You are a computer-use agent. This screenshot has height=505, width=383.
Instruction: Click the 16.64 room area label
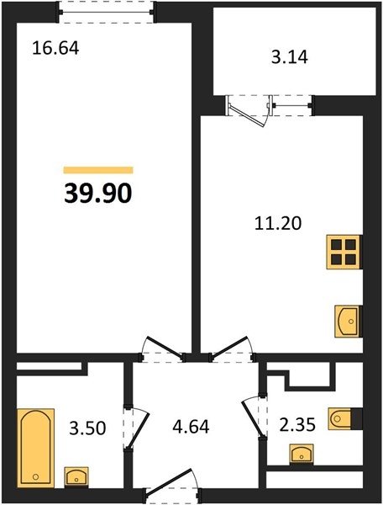coord(55,49)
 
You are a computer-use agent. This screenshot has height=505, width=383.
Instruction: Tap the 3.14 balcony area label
coord(290,57)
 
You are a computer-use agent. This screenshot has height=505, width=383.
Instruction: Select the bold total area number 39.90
coord(98,194)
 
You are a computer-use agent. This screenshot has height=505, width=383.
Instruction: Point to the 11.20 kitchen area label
coord(278,223)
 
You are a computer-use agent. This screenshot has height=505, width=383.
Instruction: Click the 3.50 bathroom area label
coord(87,428)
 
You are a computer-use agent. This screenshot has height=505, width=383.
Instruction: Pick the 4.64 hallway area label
coord(191,427)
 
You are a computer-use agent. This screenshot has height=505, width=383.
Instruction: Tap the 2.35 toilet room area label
coord(297,425)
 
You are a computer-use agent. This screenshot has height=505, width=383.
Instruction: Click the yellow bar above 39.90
coord(98,170)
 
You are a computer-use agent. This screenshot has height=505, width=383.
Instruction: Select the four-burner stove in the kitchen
coord(344,252)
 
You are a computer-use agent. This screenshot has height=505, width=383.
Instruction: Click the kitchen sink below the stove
coord(348,322)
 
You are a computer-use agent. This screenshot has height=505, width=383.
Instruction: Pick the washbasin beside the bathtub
coord(76,476)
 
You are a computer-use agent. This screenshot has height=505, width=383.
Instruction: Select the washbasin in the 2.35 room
coord(302,454)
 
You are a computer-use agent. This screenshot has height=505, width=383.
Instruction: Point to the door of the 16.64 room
coord(163,348)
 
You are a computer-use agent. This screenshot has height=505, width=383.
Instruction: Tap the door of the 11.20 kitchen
coord(231,348)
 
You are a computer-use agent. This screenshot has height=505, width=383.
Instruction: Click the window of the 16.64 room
coord(106,13)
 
